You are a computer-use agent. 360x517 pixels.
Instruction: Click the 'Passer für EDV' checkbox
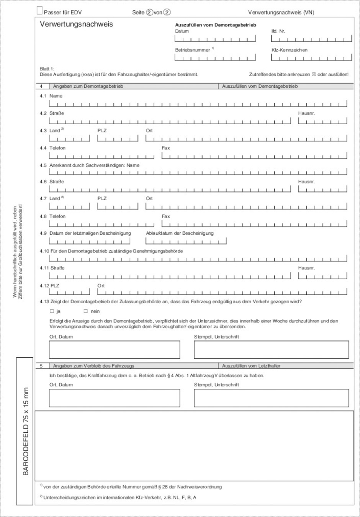(39, 11)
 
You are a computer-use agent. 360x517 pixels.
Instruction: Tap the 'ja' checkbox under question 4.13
(52, 311)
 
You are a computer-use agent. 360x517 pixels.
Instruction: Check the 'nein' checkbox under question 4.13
(86, 311)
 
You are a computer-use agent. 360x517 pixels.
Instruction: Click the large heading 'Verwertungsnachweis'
(76, 24)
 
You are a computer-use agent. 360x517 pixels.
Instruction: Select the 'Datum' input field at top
(215, 39)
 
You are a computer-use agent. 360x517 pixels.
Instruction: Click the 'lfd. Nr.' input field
(311, 39)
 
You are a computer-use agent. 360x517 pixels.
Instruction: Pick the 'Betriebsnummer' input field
(215, 57)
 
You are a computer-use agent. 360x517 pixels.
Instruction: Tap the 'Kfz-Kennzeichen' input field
(311, 57)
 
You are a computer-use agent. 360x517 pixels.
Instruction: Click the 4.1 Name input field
(198, 103)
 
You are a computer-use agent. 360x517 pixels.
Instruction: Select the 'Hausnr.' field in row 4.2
(322, 121)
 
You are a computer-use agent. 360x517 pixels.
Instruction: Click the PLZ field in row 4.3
(118, 138)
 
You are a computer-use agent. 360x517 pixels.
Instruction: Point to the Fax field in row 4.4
(254, 155)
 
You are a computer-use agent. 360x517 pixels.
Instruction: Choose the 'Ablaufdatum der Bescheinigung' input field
(186, 241)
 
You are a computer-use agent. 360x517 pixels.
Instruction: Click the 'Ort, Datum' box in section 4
(115, 350)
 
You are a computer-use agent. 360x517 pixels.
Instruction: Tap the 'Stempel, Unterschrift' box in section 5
(271, 398)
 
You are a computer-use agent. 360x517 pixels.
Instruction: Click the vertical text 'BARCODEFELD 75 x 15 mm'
(26, 431)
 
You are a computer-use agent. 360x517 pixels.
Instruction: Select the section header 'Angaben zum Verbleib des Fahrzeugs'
(93, 366)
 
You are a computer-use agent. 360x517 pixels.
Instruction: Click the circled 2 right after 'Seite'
(149, 12)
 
